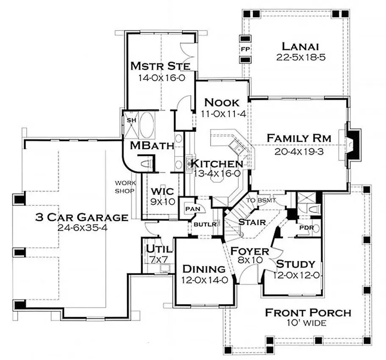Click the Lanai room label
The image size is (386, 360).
(x=300, y=46)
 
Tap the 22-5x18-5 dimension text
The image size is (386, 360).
(x=301, y=57)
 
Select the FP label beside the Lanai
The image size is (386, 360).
(x=245, y=49)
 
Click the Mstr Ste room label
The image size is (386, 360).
(x=160, y=66)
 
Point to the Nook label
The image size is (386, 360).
(x=222, y=102)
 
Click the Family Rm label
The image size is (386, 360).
(x=299, y=138)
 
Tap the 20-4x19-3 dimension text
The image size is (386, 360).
(x=299, y=151)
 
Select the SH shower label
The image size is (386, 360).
(x=131, y=120)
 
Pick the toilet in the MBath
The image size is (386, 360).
(x=147, y=163)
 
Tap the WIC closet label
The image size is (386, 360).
(x=162, y=191)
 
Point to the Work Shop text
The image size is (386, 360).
(x=125, y=187)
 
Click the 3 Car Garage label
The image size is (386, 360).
(x=82, y=217)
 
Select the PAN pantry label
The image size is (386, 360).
(x=193, y=209)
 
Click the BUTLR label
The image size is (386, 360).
(x=205, y=224)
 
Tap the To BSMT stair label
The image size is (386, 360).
(x=261, y=200)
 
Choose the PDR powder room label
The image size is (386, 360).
(x=306, y=227)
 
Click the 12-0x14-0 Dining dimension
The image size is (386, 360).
(x=204, y=280)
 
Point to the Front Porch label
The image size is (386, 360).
(x=308, y=313)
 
